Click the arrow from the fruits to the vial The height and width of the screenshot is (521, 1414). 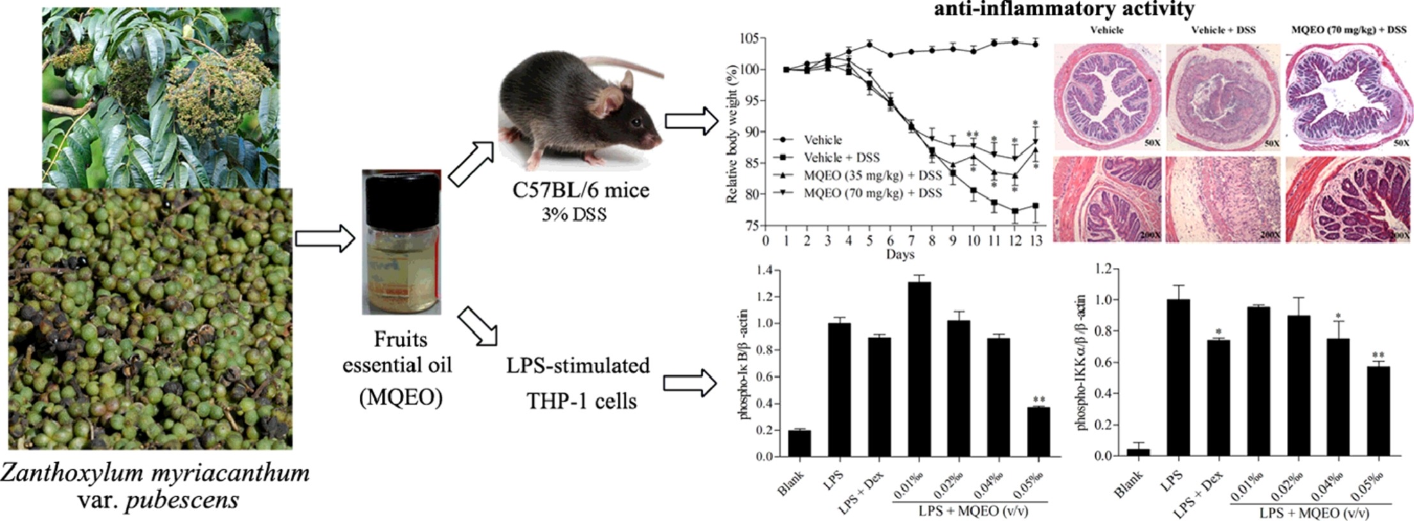click(x=325, y=238)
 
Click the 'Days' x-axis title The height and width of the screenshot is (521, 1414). click(x=900, y=254)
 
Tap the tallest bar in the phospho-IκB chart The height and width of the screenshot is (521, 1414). click(x=919, y=369)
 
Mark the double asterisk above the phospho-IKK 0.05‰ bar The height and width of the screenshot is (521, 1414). click(x=1378, y=355)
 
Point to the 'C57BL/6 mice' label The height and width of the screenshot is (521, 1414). click(x=581, y=190)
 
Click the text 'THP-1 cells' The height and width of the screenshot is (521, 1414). click(x=581, y=401)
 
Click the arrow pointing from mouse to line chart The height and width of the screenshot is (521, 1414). click(x=691, y=121)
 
